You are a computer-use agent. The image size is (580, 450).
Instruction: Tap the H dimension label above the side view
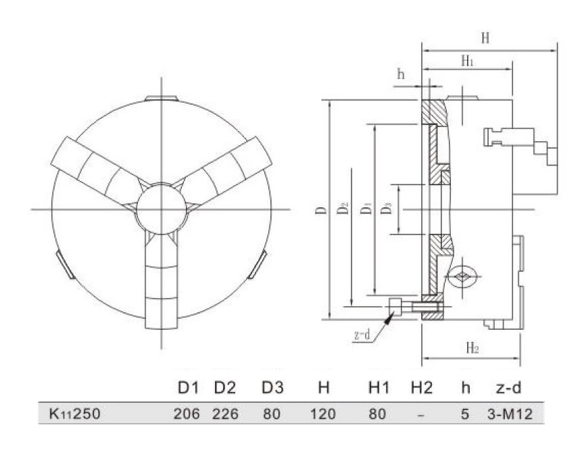(x=485, y=39)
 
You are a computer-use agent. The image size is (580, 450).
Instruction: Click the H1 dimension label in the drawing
(x=466, y=61)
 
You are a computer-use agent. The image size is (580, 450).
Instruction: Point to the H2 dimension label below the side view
(x=473, y=348)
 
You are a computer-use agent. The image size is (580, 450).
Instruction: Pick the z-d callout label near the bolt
(x=362, y=334)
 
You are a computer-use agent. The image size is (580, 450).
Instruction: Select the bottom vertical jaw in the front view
(x=162, y=284)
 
